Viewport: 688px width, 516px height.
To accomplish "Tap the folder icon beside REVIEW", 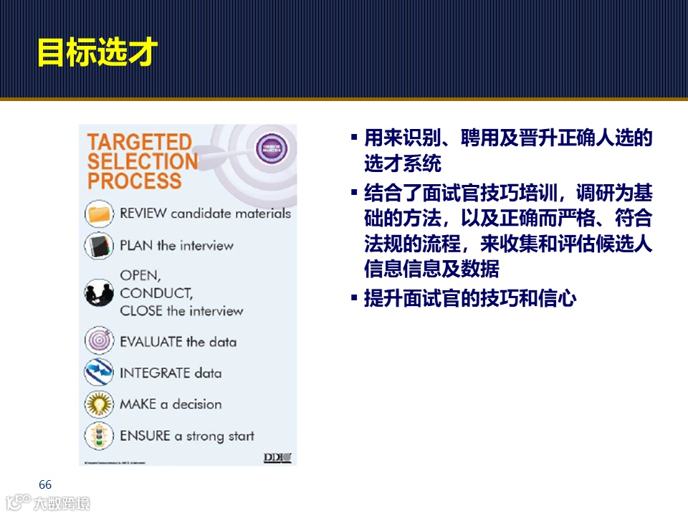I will [x=99, y=213].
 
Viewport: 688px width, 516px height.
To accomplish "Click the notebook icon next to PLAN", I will [x=99, y=245].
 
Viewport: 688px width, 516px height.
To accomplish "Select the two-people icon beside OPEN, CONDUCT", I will [x=99, y=292].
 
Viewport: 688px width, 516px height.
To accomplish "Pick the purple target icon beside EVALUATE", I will [x=99, y=340].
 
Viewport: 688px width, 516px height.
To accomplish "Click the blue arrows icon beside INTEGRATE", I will [x=99, y=373].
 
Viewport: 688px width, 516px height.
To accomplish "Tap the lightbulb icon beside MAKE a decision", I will [x=99, y=404].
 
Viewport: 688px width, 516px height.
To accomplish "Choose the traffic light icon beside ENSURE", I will [x=99, y=436].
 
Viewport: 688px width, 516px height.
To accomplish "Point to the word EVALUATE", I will [x=151, y=341].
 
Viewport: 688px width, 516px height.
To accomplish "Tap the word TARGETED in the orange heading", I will [x=140, y=142].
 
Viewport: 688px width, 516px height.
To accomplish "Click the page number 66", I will [x=45, y=484].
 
